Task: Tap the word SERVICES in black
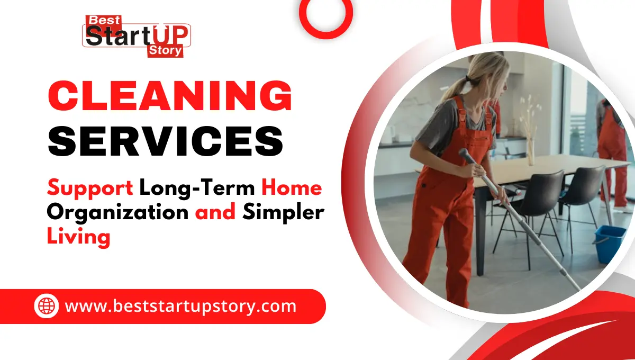(165, 141)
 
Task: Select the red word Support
(90, 187)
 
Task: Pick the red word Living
(78, 236)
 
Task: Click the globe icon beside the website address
(47, 306)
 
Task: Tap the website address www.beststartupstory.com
(180, 306)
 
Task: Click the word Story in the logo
(165, 51)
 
